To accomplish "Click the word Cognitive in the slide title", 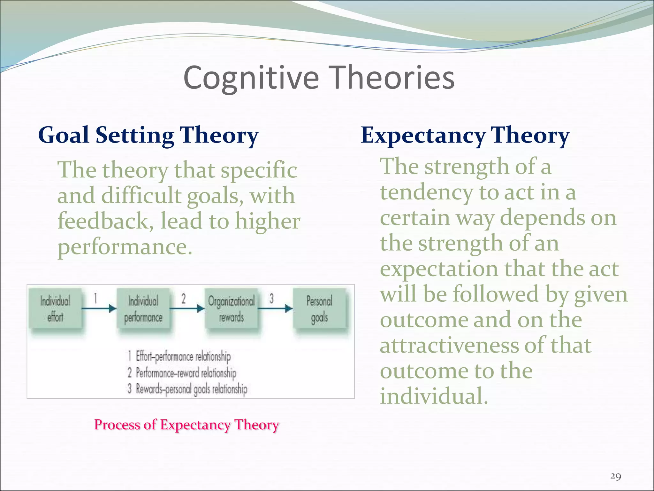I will [251, 78].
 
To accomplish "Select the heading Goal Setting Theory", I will [148, 135].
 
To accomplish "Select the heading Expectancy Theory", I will [465, 135].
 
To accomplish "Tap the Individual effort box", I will [55, 308].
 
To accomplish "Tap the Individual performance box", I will [143, 308].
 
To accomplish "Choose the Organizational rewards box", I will [231, 308].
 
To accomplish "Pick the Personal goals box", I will [319, 308].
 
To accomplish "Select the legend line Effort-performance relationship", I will [183, 356].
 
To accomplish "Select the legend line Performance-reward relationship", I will [186, 373].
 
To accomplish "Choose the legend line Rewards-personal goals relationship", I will [191, 389].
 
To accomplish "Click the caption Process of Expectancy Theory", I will [186, 425].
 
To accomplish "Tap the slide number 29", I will [615, 476].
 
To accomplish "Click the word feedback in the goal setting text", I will [103, 221].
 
